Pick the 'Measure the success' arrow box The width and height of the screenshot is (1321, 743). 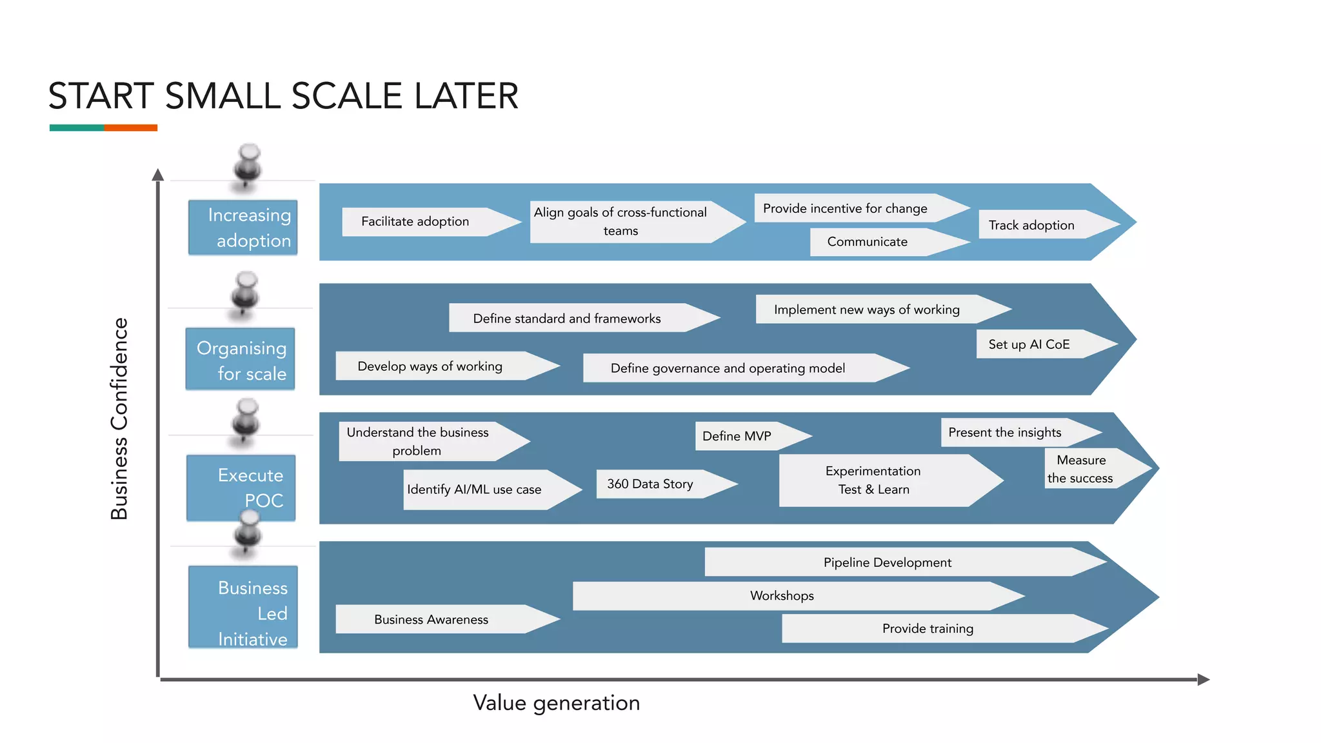click(1087, 469)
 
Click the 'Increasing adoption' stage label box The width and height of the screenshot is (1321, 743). click(243, 228)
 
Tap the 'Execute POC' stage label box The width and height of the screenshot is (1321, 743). click(241, 487)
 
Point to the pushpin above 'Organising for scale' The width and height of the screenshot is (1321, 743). click(245, 293)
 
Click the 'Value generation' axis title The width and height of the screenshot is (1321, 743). click(556, 703)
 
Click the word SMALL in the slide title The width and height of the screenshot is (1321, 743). click(223, 97)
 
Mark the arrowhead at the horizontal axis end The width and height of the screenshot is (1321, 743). click(1203, 679)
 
